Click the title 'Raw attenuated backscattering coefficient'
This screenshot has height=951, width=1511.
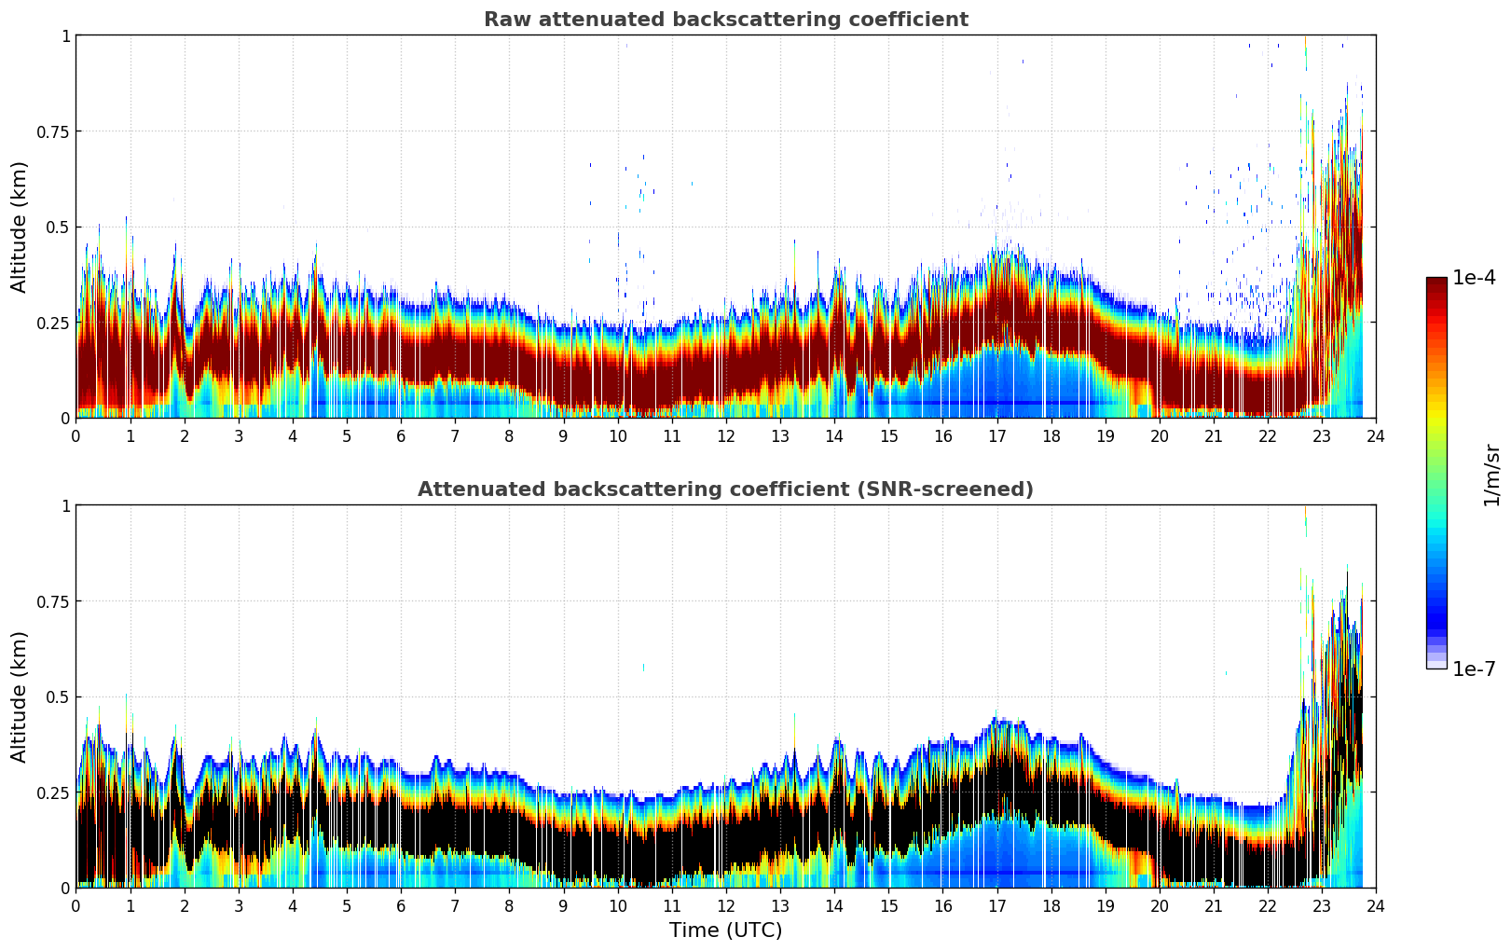click(725, 20)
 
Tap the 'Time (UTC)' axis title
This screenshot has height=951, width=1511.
click(725, 930)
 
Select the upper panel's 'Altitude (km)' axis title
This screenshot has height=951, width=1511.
click(20, 227)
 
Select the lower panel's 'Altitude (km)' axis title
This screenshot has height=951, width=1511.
click(20, 696)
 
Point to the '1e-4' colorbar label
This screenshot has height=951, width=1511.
click(1474, 278)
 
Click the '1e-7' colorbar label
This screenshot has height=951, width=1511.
click(1474, 668)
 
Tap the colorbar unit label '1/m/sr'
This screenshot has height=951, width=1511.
click(1491, 475)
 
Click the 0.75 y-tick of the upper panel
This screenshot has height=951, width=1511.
click(51, 131)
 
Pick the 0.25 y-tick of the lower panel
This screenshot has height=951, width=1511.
click(51, 792)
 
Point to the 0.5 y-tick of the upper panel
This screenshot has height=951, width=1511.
click(58, 227)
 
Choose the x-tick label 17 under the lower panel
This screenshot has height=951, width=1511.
click(996, 906)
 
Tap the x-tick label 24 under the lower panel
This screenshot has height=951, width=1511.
click(1376, 906)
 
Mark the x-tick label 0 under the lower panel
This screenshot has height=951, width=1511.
click(76, 906)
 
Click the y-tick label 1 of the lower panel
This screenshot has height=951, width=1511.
click(65, 505)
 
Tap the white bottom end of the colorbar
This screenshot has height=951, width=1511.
click(1436, 665)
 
